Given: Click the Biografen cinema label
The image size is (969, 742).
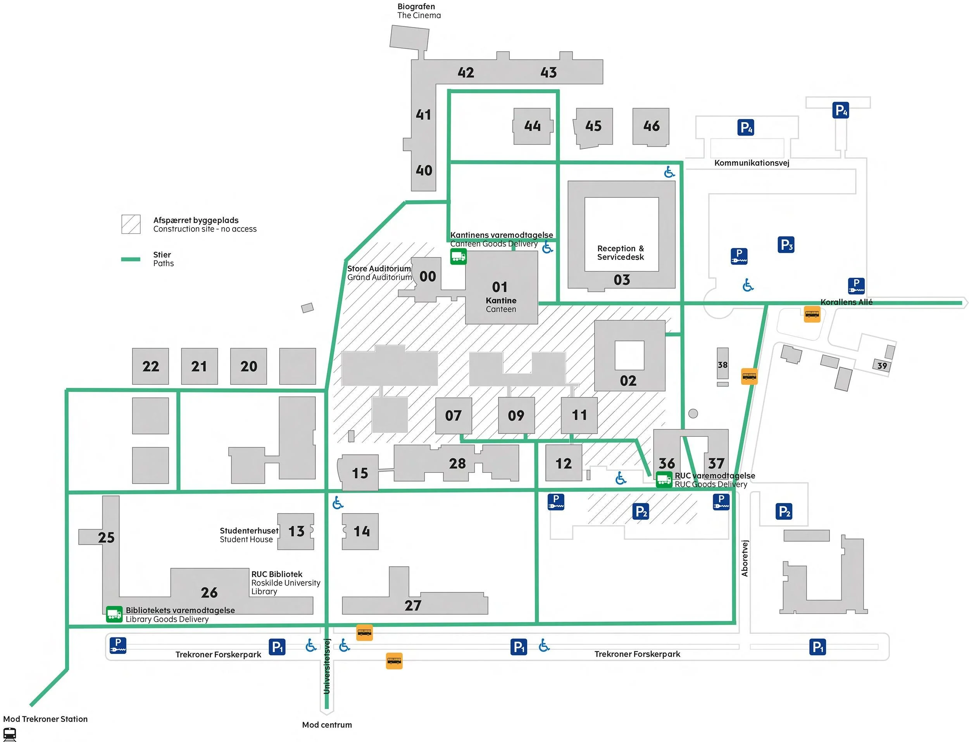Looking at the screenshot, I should tap(418, 11).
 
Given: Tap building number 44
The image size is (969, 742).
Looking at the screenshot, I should tap(532, 126).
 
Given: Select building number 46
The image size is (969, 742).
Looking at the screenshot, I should tap(651, 126).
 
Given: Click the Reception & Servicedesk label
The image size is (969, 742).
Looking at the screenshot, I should tap(621, 253).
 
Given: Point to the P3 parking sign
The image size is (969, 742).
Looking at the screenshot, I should tap(786, 245).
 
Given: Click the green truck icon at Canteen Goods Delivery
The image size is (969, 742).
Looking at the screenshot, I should tap(458, 256).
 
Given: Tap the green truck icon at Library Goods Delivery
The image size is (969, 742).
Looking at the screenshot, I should tap(114, 614).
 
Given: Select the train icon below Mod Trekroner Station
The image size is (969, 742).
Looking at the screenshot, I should tap(10, 734).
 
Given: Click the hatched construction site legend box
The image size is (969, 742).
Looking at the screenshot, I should tap(131, 224).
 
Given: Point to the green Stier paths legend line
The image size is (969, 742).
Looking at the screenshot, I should tap(131, 259).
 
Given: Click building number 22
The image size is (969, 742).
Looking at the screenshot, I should tap(150, 366).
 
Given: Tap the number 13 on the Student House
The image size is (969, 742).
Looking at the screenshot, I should tap(296, 531).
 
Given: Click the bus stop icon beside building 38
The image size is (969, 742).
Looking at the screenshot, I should tap(749, 376).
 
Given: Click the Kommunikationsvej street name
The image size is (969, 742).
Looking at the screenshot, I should tap(752, 163).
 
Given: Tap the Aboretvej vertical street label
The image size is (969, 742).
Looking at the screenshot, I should tap(745, 558).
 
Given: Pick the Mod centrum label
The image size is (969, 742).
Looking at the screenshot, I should tap(327, 725).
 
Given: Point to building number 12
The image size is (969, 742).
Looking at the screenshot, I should tap(564, 463).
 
